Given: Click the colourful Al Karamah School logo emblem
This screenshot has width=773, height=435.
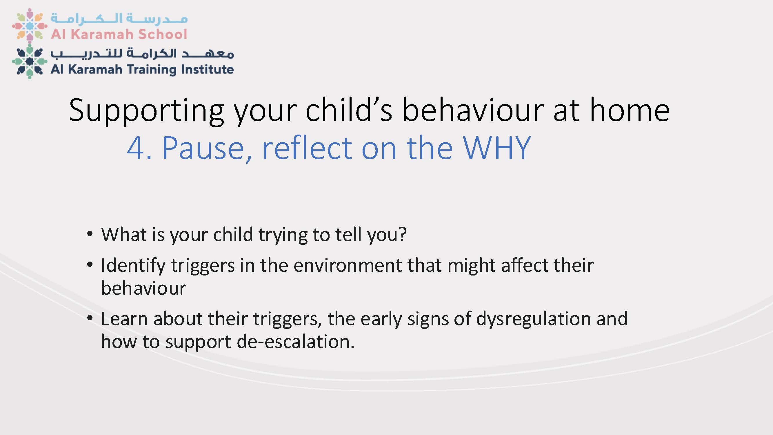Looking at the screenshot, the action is click(29, 25).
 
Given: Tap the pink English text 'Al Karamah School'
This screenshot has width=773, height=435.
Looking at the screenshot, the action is click(119, 34).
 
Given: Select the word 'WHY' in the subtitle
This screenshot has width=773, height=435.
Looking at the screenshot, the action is click(497, 148).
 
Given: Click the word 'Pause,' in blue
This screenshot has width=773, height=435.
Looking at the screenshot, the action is click(207, 148).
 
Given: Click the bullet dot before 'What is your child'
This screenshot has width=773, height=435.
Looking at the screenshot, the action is click(90, 234).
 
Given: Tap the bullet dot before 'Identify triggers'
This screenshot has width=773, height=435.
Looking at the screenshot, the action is click(90, 265).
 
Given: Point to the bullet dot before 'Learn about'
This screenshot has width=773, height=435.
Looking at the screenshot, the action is click(90, 318).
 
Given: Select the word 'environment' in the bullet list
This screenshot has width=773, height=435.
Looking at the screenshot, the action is click(348, 265).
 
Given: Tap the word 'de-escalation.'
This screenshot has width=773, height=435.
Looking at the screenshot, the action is click(296, 342).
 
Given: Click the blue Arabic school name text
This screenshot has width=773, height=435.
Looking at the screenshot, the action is click(119, 19).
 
